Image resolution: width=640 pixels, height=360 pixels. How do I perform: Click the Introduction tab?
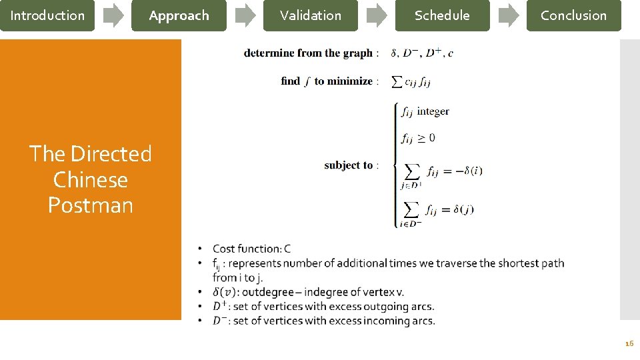click(x=47, y=15)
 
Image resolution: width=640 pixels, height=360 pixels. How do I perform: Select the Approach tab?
click(x=179, y=15)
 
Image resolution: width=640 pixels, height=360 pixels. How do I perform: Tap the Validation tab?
click(x=310, y=15)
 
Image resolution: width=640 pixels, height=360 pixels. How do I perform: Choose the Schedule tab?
click(x=442, y=15)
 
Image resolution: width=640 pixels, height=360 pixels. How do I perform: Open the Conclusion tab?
click(x=573, y=15)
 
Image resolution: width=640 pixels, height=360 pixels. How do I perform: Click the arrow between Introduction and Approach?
click(x=114, y=15)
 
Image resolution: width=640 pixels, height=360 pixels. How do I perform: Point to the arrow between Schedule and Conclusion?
click(x=509, y=15)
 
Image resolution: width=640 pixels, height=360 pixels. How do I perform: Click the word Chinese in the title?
click(x=90, y=179)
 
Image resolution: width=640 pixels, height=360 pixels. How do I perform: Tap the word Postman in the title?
click(x=90, y=205)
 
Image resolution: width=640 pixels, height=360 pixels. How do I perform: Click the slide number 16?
click(x=629, y=343)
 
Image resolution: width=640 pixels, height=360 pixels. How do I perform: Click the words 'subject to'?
click(x=349, y=165)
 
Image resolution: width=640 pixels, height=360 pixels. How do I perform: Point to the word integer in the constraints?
click(x=433, y=111)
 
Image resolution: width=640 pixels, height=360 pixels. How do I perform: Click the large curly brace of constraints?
click(x=396, y=165)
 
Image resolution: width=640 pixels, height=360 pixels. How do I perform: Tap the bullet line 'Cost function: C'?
click(x=251, y=249)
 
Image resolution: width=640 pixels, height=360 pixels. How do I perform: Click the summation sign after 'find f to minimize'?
click(x=395, y=81)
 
